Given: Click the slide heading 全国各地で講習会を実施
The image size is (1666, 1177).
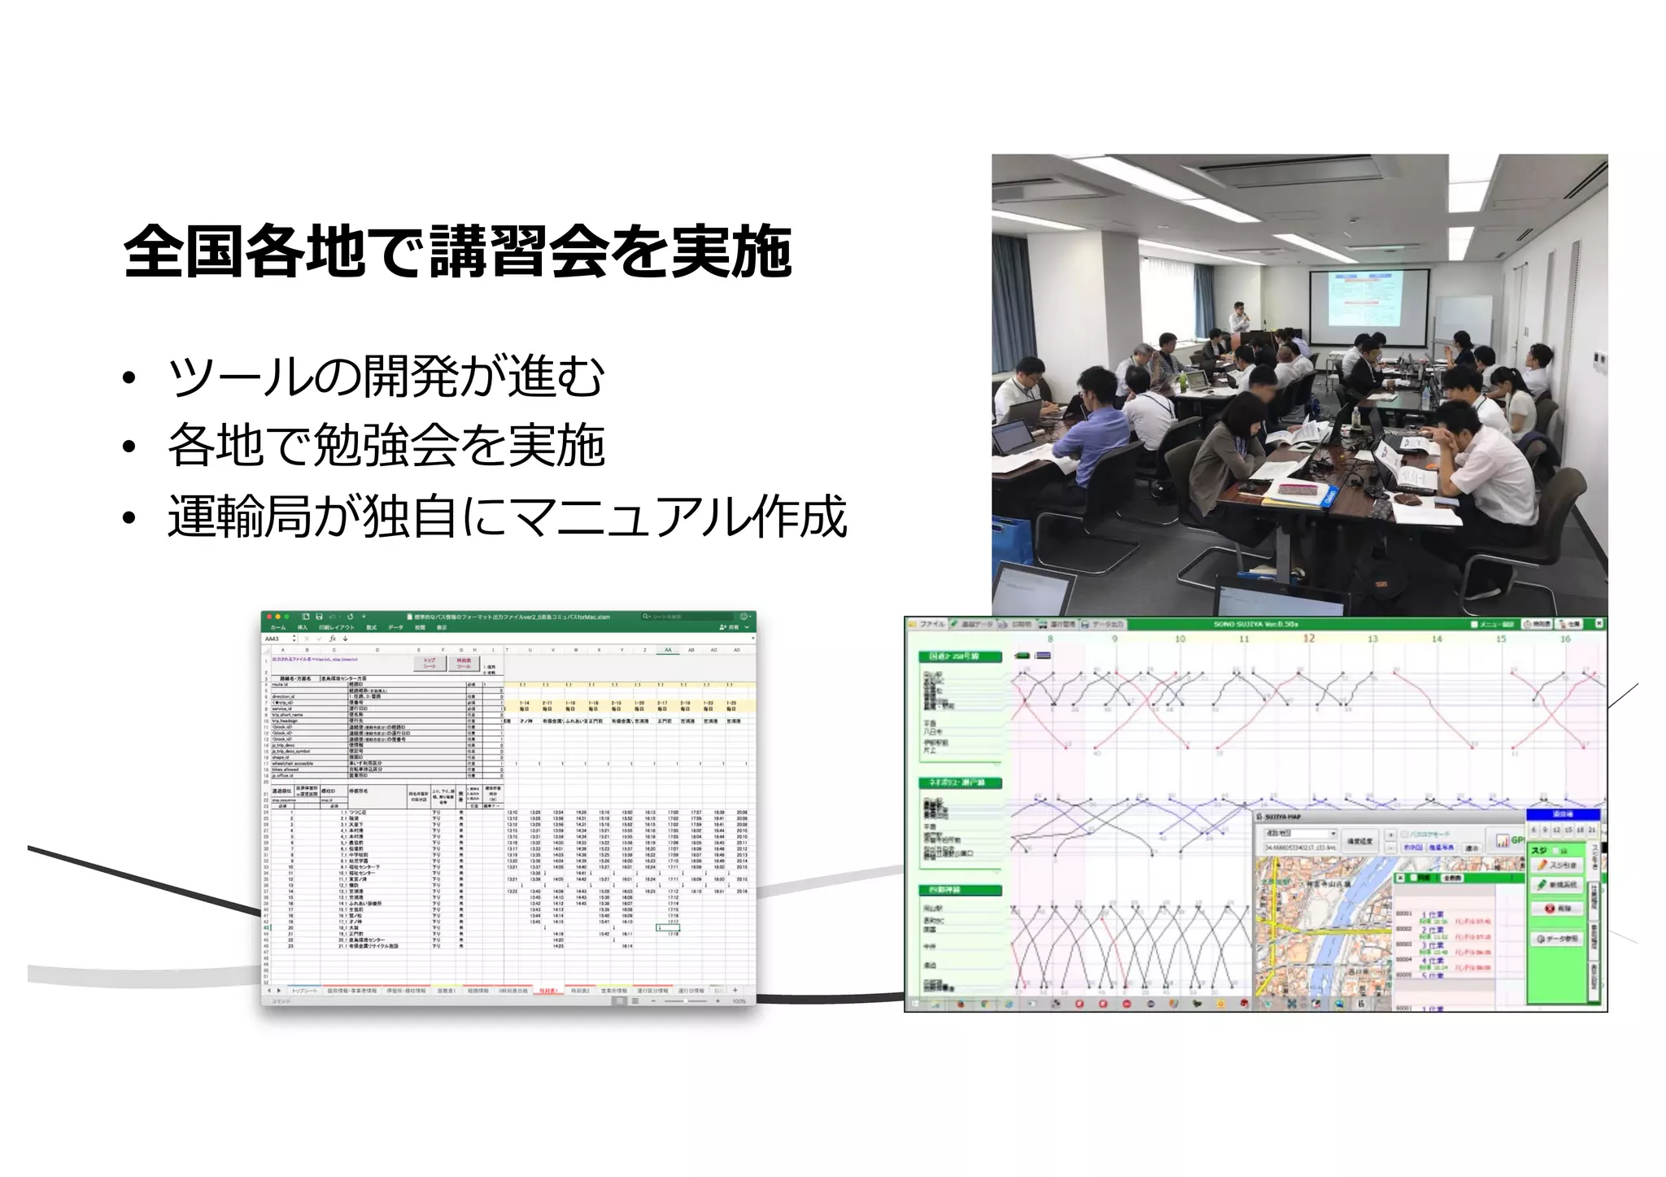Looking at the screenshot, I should click(x=457, y=251).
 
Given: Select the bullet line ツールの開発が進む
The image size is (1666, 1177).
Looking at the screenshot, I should click(x=386, y=377).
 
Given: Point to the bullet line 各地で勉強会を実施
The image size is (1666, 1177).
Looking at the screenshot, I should click(x=386, y=446).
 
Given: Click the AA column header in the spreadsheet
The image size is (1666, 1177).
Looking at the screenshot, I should click(x=668, y=650).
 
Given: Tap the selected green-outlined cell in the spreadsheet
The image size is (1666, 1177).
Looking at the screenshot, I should click(x=668, y=927).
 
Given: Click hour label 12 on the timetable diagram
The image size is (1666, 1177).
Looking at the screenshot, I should click(x=1308, y=639).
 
